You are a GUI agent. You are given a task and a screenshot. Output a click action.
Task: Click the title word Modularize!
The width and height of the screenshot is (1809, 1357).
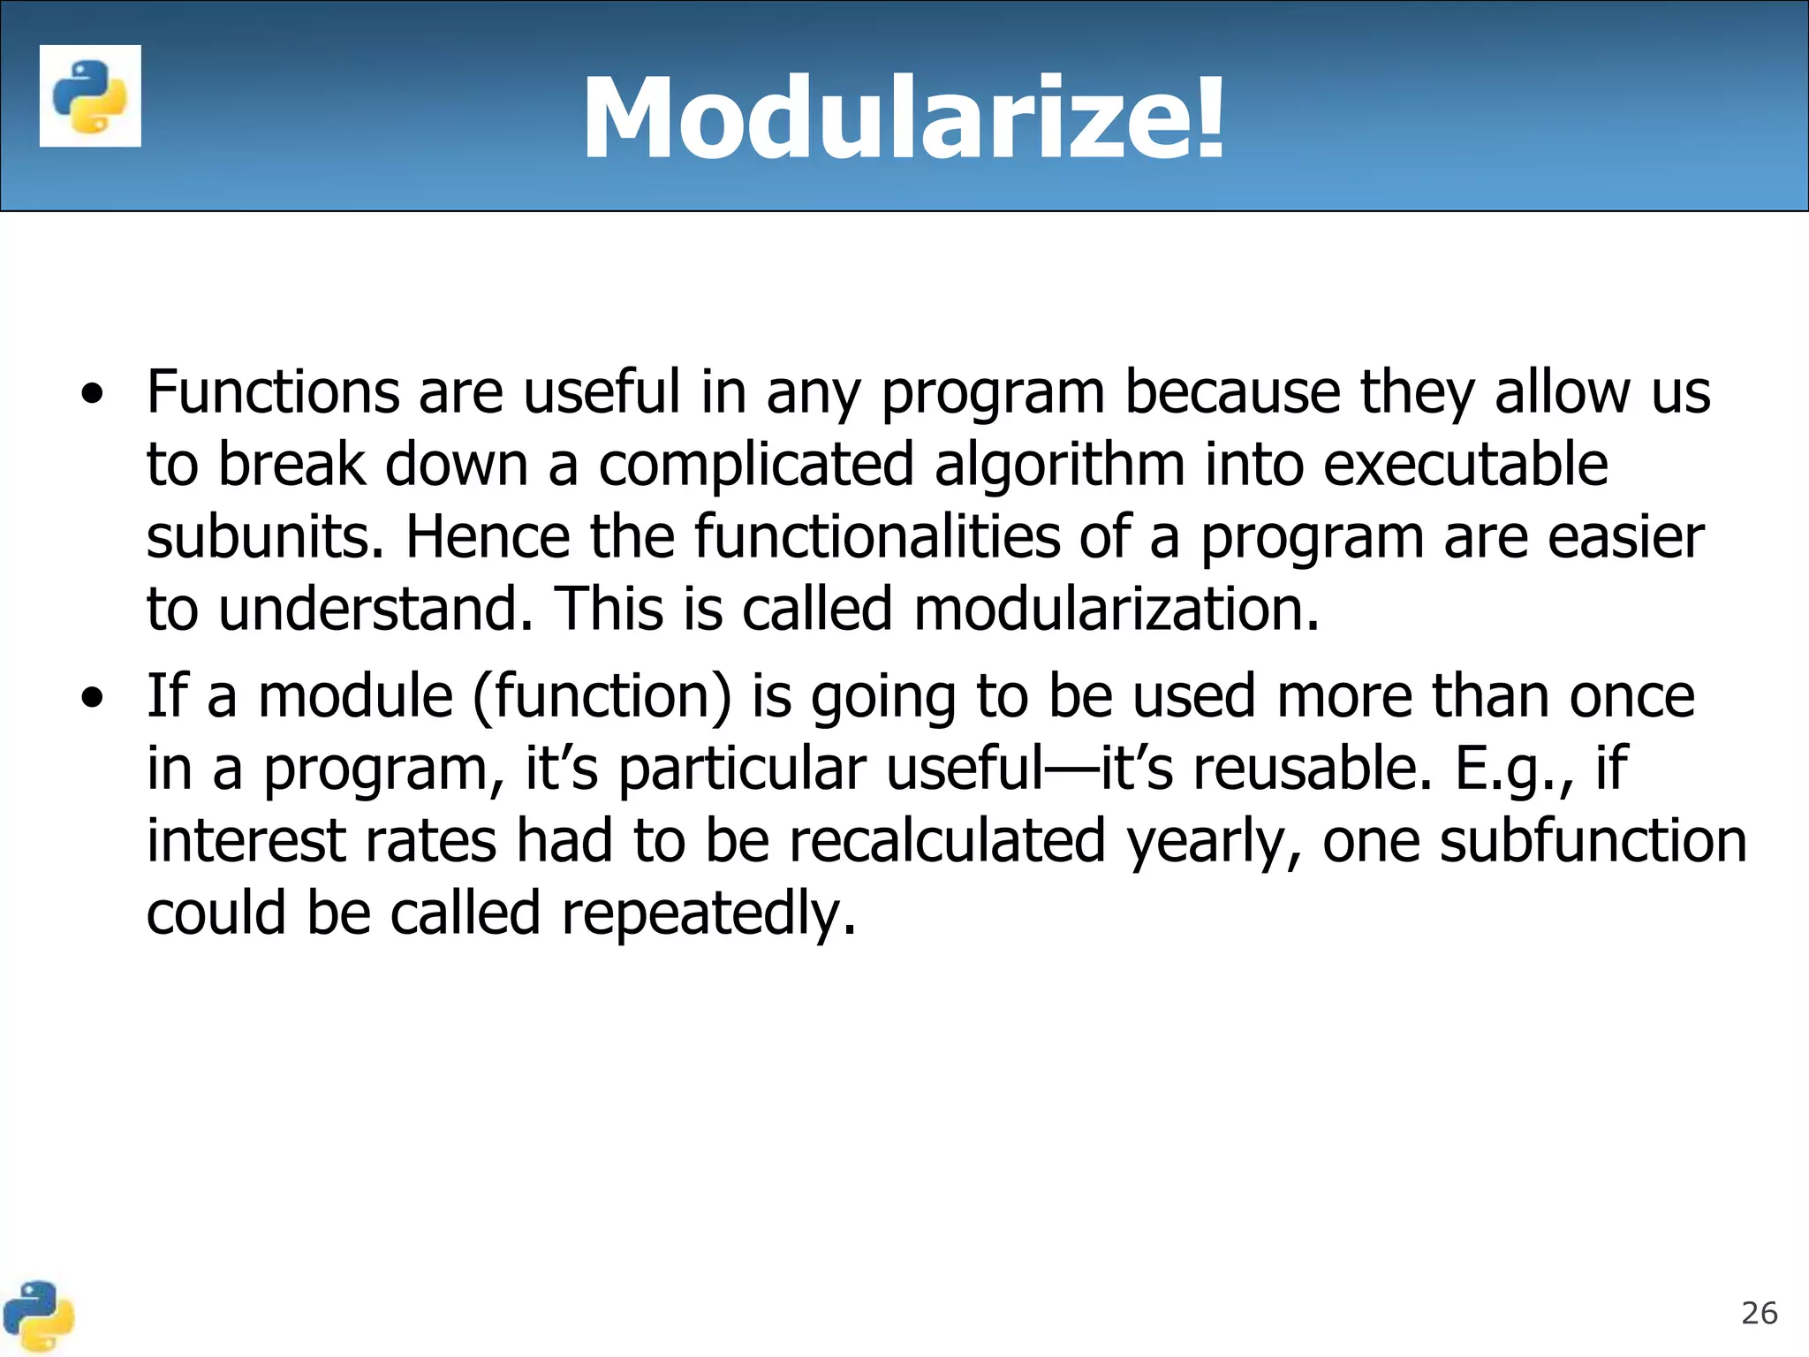903,118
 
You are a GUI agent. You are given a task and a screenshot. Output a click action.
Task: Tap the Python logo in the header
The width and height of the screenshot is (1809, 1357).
90,96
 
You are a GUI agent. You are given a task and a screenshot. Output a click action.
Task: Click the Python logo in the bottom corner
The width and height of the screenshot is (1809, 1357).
37,1316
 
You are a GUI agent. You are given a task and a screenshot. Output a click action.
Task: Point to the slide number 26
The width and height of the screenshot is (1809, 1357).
1759,1314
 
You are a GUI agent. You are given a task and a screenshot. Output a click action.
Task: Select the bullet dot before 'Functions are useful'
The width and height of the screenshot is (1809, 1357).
91,395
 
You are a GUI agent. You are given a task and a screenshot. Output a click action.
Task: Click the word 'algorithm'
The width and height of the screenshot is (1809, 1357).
1059,466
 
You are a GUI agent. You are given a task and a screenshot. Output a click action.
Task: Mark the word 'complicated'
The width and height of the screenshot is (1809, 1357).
756,466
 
